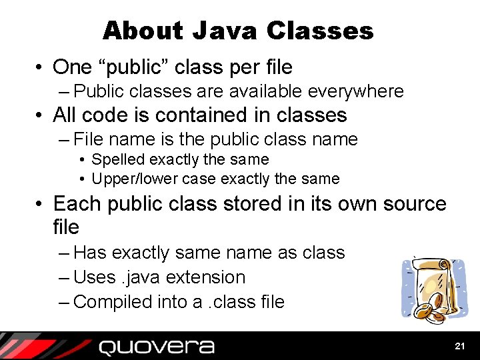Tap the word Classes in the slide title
(320, 31)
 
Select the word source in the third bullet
(413, 203)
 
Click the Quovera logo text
(157, 347)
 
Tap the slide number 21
(459, 346)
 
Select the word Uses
(93, 277)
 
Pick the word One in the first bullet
(71, 67)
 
